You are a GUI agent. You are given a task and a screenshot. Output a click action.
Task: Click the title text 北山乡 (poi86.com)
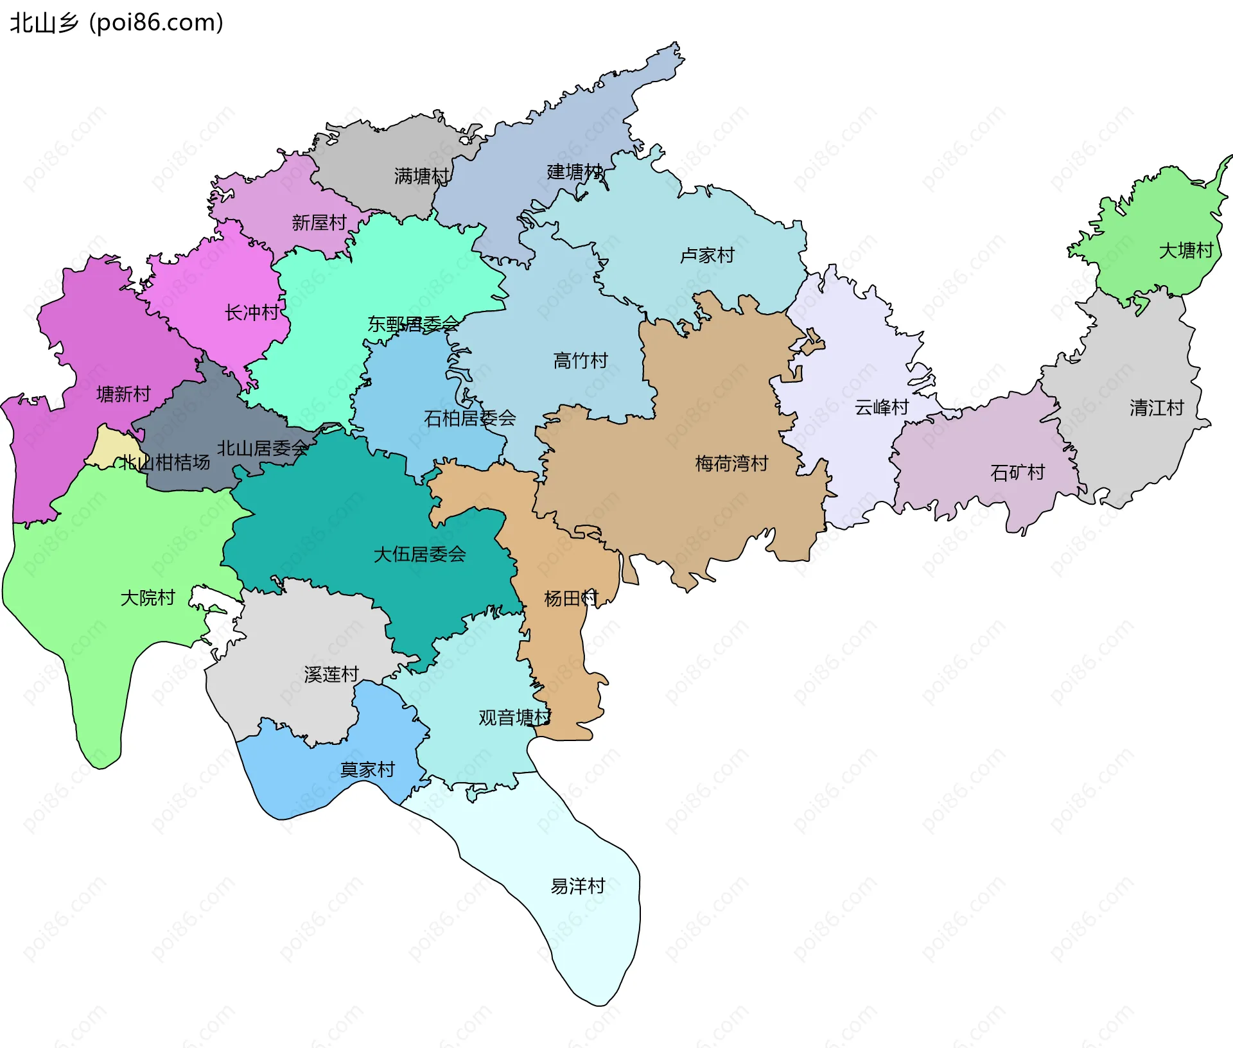click(x=116, y=22)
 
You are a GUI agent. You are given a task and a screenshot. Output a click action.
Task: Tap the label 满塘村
click(x=421, y=176)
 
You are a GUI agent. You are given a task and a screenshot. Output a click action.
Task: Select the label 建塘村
click(x=574, y=172)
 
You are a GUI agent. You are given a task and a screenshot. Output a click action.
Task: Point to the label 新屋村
click(x=319, y=223)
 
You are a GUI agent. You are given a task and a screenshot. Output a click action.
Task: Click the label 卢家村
click(x=706, y=256)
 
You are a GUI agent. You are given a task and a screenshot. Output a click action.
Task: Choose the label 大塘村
click(x=1185, y=250)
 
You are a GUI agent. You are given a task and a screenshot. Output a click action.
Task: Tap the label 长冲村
click(x=252, y=313)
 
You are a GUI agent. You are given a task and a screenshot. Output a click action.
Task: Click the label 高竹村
click(x=580, y=361)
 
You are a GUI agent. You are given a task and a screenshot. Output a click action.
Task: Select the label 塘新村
click(x=123, y=394)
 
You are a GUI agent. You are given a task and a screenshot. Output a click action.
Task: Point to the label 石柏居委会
click(x=469, y=419)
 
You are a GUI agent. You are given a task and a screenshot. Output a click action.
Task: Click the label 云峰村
click(x=881, y=407)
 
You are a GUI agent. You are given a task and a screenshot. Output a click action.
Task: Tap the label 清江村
click(x=1156, y=408)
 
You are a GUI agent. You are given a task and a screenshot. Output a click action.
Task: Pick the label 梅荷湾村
click(x=731, y=464)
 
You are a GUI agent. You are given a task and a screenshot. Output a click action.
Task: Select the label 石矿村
click(x=1017, y=473)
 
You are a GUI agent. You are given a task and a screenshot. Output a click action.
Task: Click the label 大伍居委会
click(x=419, y=554)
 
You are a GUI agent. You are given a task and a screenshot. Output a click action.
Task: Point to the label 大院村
click(x=148, y=598)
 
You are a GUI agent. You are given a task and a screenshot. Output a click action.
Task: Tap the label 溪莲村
click(x=331, y=674)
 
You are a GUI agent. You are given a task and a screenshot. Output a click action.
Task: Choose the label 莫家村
click(x=367, y=769)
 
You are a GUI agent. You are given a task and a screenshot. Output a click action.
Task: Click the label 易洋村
click(x=577, y=886)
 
